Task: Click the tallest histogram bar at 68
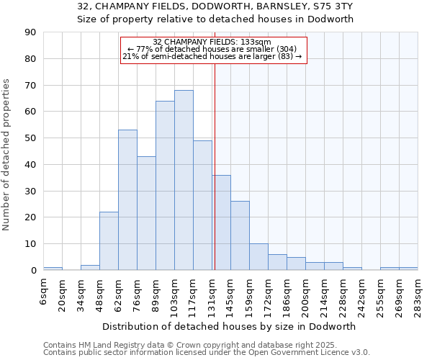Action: tap(184, 180)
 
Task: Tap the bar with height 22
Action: tap(109, 241)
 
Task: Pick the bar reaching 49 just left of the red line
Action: tap(202, 205)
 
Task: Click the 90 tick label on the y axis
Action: tap(30, 32)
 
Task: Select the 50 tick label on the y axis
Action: tap(30, 138)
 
